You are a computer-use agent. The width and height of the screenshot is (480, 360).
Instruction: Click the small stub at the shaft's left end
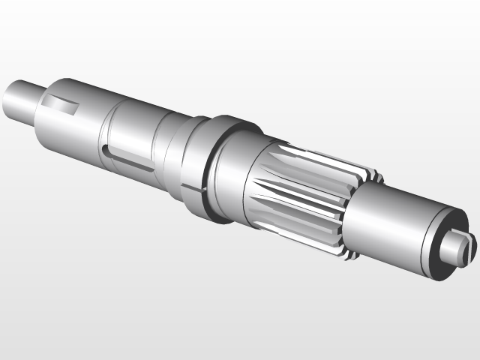18,99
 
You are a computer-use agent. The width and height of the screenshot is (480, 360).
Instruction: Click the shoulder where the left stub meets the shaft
35,105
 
